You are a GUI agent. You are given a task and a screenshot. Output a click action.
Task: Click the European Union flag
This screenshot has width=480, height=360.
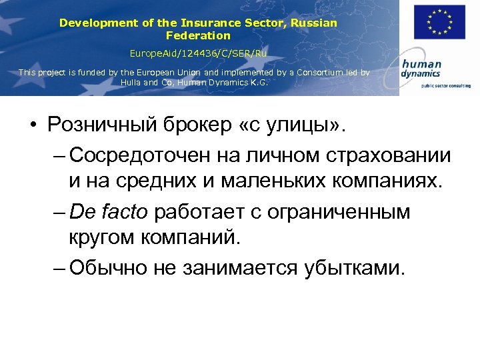[x=439, y=23]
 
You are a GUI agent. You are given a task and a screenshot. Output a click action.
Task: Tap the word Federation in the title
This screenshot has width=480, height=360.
[x=198, y=35]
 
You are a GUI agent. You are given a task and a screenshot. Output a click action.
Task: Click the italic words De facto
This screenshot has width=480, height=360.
[x=109, y=212]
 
